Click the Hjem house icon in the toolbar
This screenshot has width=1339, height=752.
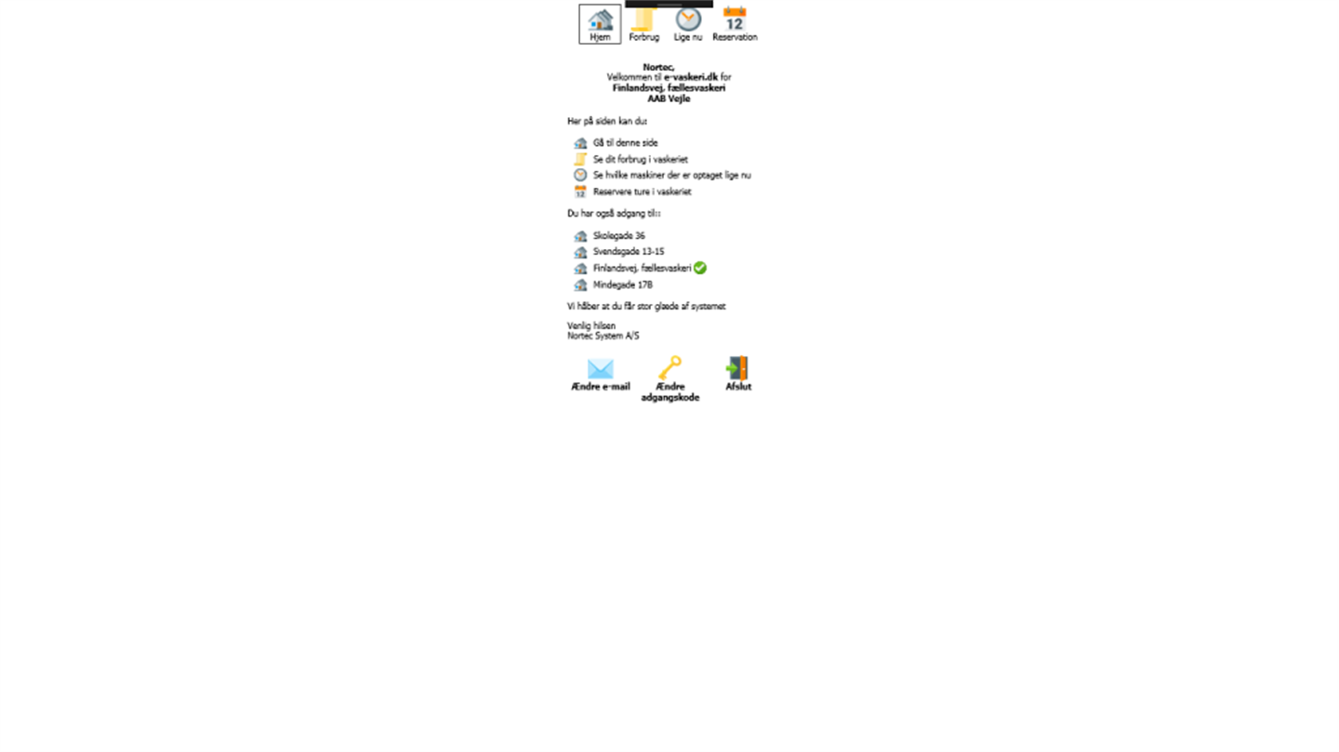coord(600,20)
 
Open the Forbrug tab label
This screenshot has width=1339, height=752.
coord(643,37)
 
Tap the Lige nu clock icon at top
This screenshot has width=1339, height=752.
coord(688,20)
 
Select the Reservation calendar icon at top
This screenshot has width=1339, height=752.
coord(735,20)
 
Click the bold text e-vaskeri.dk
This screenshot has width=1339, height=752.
coord(690,77)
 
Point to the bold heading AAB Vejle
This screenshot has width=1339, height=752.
coord(669,99)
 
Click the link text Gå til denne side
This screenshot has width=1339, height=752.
coord(625,143)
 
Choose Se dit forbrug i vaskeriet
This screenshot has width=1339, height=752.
coord(640,160)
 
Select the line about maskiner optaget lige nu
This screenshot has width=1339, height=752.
coord(672,175)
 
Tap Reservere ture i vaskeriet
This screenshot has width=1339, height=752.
coord(642,191)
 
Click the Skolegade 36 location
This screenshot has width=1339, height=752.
coord(618,235)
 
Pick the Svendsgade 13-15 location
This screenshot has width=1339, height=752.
coord(629,252)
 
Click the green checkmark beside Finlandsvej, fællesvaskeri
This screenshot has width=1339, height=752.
coord(700,268)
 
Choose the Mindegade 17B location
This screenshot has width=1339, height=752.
coord(623,285)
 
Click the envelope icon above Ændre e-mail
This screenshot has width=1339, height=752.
coord(600,368)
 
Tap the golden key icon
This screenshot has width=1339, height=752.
coord(670,367)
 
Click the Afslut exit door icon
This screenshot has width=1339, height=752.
coord(737,367)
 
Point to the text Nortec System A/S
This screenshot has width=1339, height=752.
coord(603,336)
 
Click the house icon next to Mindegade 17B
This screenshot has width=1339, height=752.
coord(580,285)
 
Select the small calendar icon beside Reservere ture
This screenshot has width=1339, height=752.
coord(580,191)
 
